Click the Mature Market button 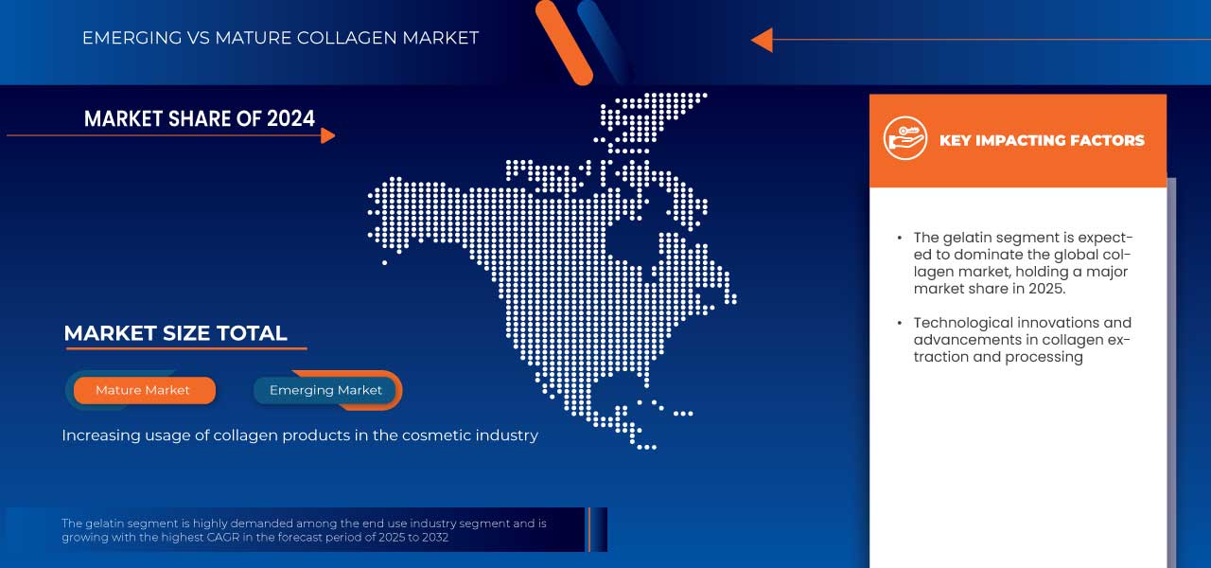tap(143, 390)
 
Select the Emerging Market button tap(326, 390)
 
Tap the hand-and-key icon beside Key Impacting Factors tap(904, 139)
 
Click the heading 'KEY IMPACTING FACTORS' tap(1042, 141)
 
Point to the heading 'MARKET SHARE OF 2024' tap(200, 118)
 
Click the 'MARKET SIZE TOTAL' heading tap(175, 333)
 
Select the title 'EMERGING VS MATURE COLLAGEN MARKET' tap(280, 38)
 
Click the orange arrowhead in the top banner tap(762, 40)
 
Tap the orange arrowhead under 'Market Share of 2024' tap(328, 136)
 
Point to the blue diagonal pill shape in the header tap(604, 38)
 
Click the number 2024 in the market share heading tap(290, 118)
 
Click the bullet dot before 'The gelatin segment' tap(900, 239)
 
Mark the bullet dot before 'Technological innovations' tap(900, 324)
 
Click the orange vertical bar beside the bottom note tap(588, 529)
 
